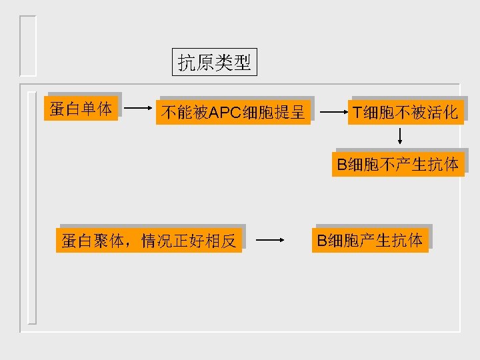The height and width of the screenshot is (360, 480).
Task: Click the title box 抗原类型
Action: (214, 63)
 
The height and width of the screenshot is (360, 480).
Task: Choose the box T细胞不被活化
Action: (405, 113)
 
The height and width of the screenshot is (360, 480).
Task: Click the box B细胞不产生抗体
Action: (398, 164)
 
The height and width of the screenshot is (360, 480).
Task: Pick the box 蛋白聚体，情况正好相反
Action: (149, 241)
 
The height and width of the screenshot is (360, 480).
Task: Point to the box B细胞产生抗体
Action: (370, 240)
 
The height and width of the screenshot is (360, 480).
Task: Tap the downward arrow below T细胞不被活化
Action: (400, 136)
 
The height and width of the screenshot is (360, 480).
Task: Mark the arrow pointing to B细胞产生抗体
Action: (271, 240)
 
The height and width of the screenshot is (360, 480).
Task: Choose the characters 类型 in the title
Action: (233, 63)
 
